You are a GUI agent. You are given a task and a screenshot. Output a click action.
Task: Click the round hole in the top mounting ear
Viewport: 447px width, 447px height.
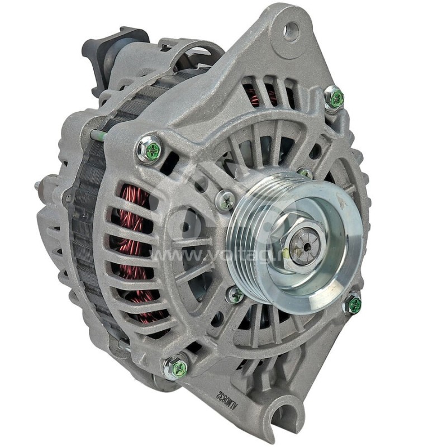pos(291,31)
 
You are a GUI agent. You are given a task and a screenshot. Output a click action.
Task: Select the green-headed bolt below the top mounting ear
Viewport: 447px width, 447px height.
pos(335,98)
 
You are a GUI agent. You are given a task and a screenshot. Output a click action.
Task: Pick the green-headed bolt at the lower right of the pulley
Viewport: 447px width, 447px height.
pos(353,305)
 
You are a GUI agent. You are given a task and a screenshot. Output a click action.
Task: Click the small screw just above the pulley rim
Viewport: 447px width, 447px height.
pos(305,173)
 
